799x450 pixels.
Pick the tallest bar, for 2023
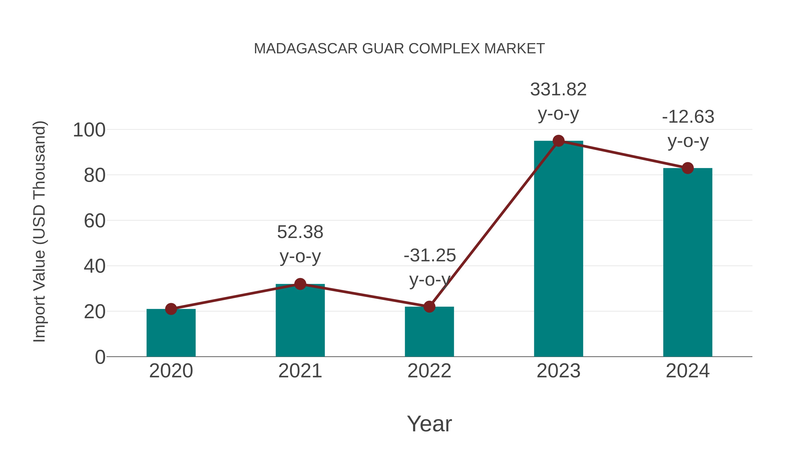(x=558, y=248)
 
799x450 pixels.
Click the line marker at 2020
(x=171, y=309)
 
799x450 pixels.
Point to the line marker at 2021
(x=300, y=284)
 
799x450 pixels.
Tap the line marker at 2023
(x=558, y=141)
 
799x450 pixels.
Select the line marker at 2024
(x=688, y=168)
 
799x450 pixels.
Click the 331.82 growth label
(x=558, y=89)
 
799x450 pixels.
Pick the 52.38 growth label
(x=300, y=232)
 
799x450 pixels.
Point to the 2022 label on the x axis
(x=429, y=371)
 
